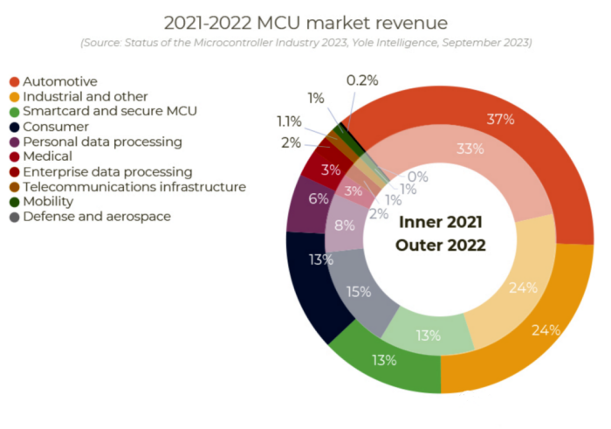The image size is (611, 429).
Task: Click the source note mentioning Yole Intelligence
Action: click(x=305, y=42)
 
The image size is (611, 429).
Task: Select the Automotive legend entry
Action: click(x=59, y=82)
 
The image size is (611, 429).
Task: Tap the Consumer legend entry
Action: click(x=55, y=127)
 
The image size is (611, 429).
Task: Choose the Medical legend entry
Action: click(x=50, y=156)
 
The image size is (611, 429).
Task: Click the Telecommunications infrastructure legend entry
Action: click(x=134, y=186)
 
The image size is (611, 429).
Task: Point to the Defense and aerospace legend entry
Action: click(x=96, y=216)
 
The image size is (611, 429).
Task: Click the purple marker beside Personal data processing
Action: click(x=13, y=142)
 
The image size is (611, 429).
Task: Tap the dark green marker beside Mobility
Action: click(x=13, y=201)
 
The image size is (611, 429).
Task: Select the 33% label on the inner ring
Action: click(x=470, y=149)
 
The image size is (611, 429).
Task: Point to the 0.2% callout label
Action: click(x=362, y=80)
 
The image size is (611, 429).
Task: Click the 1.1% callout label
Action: click(x=290, y=121)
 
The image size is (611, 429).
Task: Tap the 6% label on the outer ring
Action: click(x=319, y=198)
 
